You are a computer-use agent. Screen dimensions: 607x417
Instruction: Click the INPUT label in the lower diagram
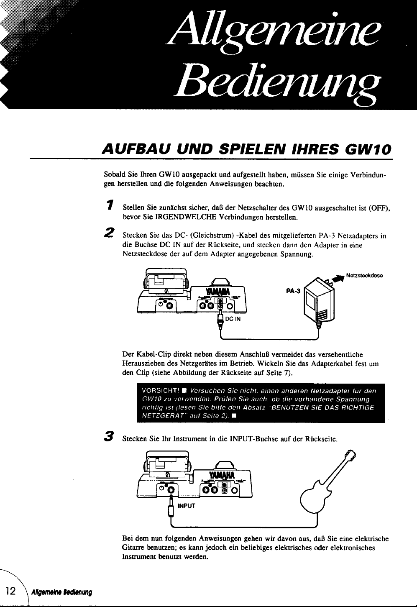187,506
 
